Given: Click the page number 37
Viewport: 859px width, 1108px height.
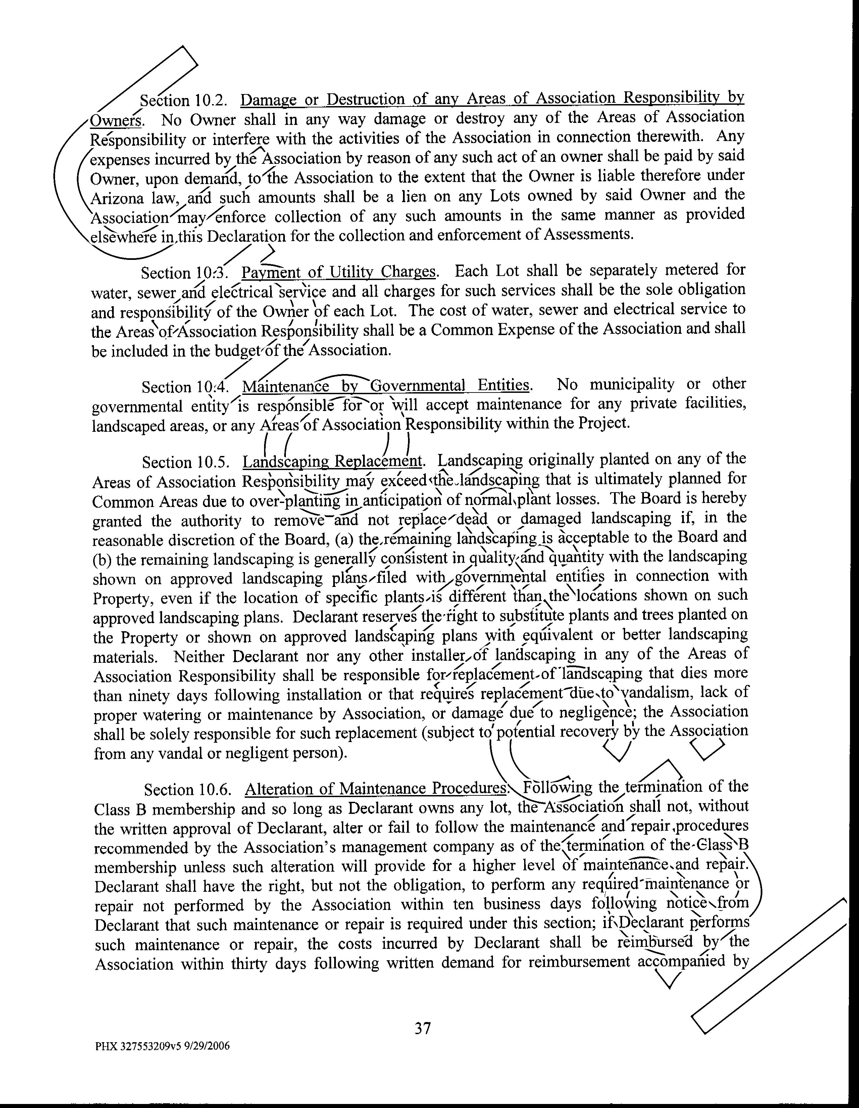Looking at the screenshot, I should tap(423, 1028).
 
